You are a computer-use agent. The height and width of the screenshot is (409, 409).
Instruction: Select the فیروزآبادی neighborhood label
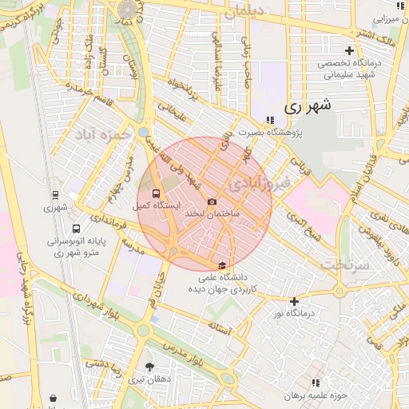pyautogui.click(x=258, y=183)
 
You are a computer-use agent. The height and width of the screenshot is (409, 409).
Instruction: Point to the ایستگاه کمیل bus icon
pyautogui.click(x=156, y=193)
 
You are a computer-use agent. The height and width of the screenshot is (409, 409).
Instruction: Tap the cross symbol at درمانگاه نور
pyautogui.click(x=295, y=301)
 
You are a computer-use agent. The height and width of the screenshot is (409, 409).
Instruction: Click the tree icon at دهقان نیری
pyautogui.click(x=149, y=367)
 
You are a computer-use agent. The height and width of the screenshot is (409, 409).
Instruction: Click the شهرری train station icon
pyautogui.click(x=55, y=194)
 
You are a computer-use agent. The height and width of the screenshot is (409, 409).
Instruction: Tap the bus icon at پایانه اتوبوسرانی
pyautogui.click(x=77, y=228)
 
